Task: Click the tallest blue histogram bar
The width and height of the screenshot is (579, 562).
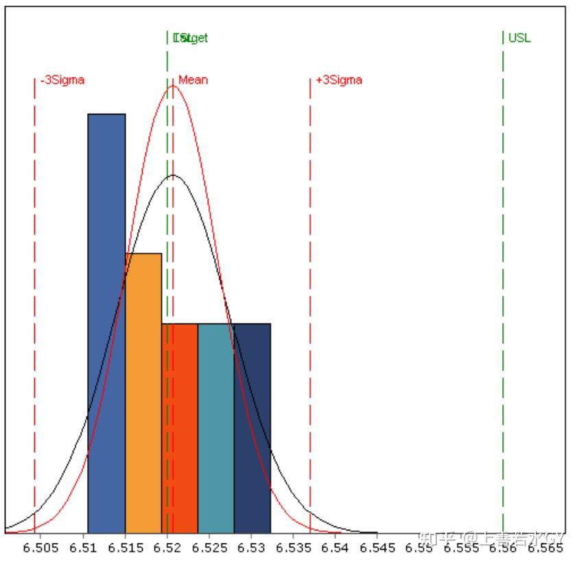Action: pyautogui.click(x=106, y=322)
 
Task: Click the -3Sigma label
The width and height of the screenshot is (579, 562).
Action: pyautogui.click(x=62, y=80)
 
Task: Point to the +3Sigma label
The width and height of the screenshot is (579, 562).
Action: pyautogui.click(x=339, y=80)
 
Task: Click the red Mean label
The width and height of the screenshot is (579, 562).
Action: pyautogui.click(x=193, y=80)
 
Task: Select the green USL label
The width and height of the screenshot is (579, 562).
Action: pyautogui.click(x=519, y=38)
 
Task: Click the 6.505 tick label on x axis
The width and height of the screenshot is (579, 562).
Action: pyautogui.click(x=40, y=548)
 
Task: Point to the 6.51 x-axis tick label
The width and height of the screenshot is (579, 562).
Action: pyautogui.click(x=84, y=548)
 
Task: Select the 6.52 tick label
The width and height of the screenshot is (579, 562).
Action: pyautogui.click(x=168, y=548)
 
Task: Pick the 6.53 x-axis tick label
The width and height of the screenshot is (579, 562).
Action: pyautogui.click(x=252, y=548)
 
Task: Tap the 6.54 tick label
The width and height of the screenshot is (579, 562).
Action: pyautogui.click(x=336, y=548)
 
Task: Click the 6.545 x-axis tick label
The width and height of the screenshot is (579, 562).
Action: pyautogui.click(x=379, y=548)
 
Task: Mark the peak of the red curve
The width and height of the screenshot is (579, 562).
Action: pyautogui.click(x=172, y=86)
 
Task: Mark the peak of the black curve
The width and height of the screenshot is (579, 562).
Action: pyautogui.click(x=172, y=175)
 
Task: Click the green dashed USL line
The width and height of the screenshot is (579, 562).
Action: pyautogui.click(x=503, y=274)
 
